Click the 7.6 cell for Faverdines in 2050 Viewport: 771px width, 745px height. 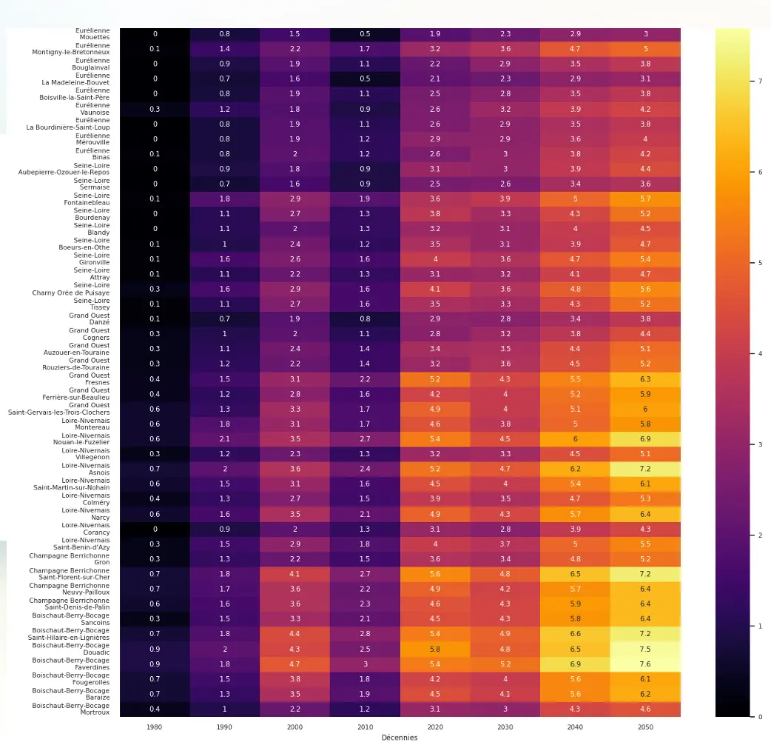(x=645, y=664)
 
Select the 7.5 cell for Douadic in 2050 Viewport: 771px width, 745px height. (x=645, y=649)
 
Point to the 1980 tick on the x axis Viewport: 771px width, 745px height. (x=155, y=727)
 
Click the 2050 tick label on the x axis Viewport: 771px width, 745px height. (x=645, y=727)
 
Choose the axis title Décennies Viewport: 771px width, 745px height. (x=399, y=738)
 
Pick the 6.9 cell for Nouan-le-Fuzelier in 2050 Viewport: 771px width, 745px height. (x=645, y=439)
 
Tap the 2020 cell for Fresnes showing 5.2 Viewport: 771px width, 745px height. (x=435, y=379)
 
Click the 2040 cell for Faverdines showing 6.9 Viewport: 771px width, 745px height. (x=575, y=664)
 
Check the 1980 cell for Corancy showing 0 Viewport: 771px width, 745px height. (x=155, y=529)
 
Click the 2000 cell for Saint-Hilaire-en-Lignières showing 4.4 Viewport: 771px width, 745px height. (x=294, y=633)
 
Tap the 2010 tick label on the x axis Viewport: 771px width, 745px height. (x=365, y=727)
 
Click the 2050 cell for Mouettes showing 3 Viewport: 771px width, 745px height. (x=645, y=34)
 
